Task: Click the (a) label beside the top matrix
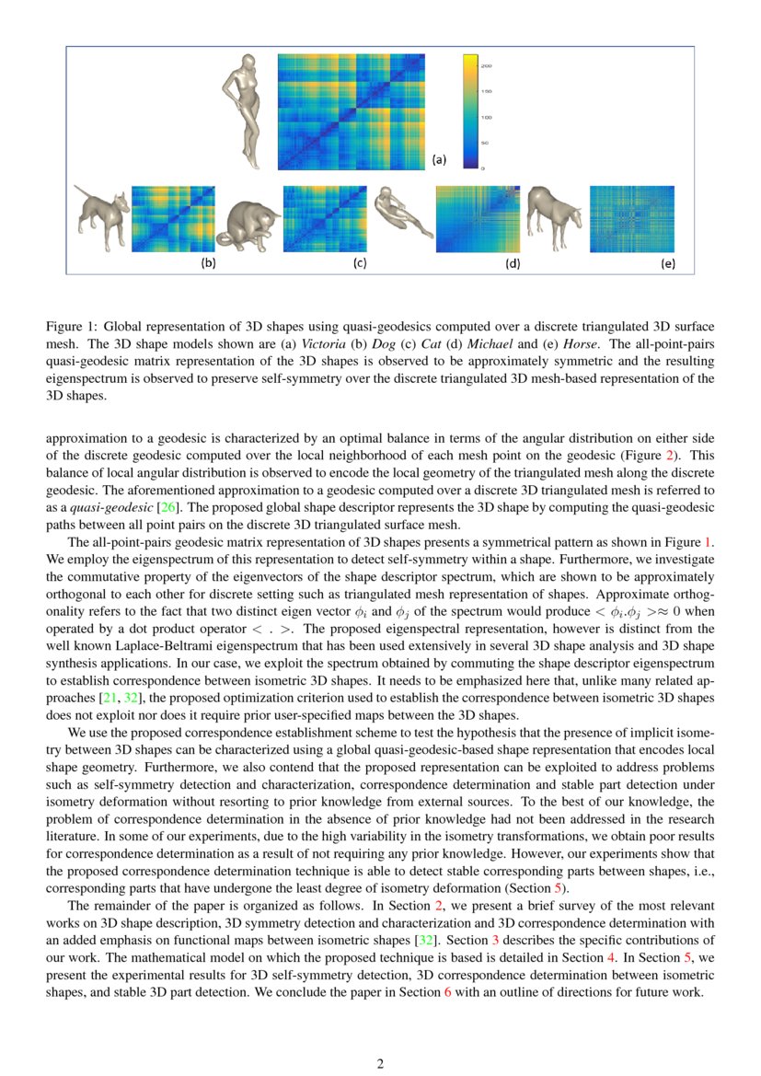[x=439, y=158]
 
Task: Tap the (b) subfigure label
[x=209, y=263]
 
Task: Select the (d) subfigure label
[x=512, y=263]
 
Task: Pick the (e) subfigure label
[x=667, y=263]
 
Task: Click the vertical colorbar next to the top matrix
[x=469, y=111]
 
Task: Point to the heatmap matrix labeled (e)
[x=631, y=219]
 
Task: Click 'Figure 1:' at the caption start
[x=72, y=327]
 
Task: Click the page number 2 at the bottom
[x=380, y=1064]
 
